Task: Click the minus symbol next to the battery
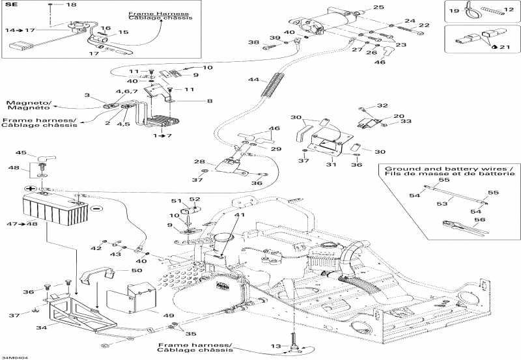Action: point(95,209)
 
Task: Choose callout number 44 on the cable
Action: point(253,79)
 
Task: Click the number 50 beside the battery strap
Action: point(136,270)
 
